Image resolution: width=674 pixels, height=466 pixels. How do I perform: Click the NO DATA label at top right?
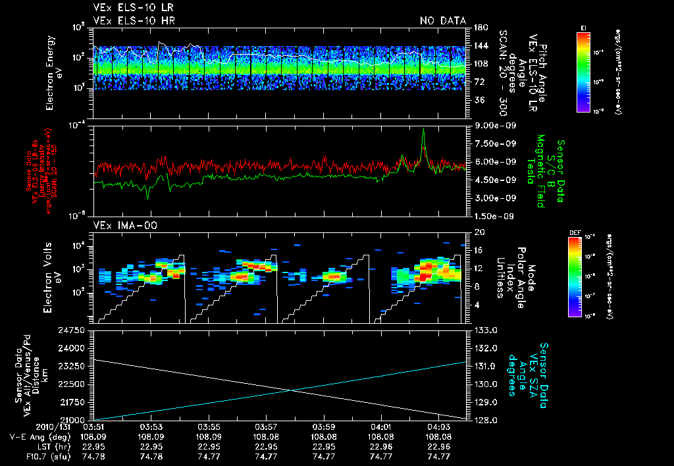(442, 20)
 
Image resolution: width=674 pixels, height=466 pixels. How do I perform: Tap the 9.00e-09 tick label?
(494, 125)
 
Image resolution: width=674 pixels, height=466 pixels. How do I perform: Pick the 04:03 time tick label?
(438, 427)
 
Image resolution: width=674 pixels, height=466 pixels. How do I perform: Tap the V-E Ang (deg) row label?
(34, 436)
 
